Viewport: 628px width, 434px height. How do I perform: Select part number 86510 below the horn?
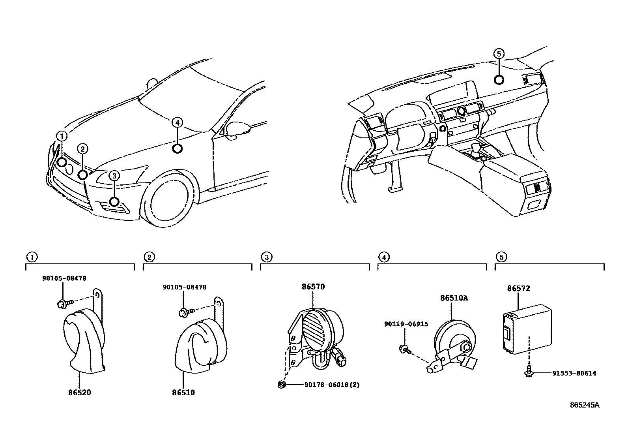coord(183,393)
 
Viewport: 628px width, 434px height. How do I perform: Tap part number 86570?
coord(313,287)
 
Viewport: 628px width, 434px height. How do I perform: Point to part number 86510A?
coord(454,298)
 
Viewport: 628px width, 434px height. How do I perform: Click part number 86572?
coord(518,289)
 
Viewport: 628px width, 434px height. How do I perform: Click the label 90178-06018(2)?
coord(332,385)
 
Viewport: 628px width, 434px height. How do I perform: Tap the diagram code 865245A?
coord(584,405)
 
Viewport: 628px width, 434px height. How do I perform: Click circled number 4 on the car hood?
coord(178,123)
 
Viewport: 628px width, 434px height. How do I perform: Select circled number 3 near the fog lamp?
coord(114,176)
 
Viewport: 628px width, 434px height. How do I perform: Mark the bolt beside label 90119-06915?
coord(404,348)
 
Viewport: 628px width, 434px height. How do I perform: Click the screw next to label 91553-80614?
coord(529,372)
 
